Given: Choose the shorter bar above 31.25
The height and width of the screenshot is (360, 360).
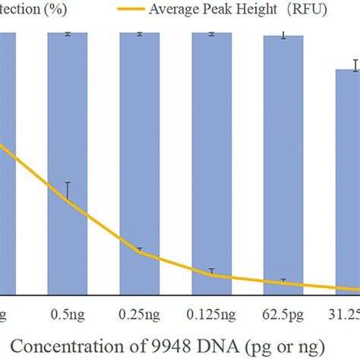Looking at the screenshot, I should (348, 182).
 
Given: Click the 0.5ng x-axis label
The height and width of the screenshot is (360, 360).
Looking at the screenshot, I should (68, 312).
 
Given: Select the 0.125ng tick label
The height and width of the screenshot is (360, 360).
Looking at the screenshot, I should (212, 312).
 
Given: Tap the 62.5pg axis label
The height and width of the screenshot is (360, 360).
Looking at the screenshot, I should (283, 312).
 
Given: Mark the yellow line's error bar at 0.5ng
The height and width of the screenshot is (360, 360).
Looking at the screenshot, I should (68, 191).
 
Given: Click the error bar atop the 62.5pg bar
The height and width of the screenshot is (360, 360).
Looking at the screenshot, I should (283, 35).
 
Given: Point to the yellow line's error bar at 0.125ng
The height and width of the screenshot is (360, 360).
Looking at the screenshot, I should (212, 271).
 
